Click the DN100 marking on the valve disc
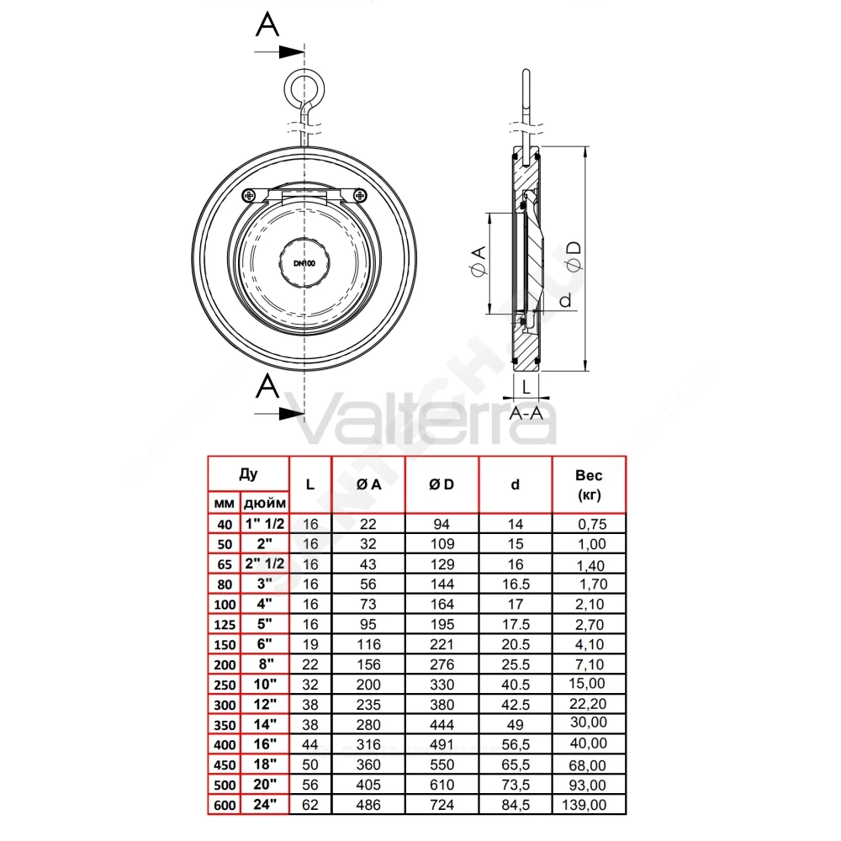[x=304, y=263]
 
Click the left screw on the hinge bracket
[x=249, y=195]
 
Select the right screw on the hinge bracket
[x=361, y=195]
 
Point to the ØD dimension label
[x=574, y=257]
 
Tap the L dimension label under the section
[x=526, y=386]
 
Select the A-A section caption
[x=526, y=414]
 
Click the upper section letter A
[x=267, y=24]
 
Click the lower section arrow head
[x=292, y=414]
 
